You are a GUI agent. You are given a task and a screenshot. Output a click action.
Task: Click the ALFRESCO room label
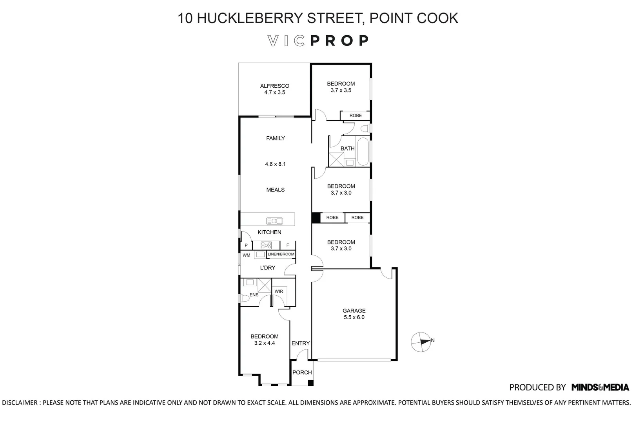(x=274, y=86)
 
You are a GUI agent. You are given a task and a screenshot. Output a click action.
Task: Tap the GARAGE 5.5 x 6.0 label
(x=354, y=314)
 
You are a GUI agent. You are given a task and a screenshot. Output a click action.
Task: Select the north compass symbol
(x=421, y=342)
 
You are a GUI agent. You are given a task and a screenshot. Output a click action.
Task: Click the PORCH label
(x=302, y=372)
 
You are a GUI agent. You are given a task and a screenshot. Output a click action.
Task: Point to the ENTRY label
(x=301, y=343)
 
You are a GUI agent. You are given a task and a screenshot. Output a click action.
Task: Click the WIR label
(x=279, y=291)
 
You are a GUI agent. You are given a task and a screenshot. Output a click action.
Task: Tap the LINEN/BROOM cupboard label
(x=281, y=255)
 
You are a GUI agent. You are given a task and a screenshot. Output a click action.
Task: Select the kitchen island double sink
(x=274, y=221)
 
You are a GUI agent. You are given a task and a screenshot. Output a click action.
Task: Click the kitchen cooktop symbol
(x=266, y=246)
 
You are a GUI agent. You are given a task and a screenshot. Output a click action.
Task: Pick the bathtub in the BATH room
(x=363, y=152)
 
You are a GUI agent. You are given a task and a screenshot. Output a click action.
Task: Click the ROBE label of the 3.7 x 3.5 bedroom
(x=356, y=116)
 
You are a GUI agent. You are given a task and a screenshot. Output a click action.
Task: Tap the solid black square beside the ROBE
(x=316, y=218)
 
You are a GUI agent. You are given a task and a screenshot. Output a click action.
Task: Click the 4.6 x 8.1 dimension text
(x=275, y=164)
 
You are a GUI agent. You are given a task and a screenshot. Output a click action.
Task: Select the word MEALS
(x=275, y=190)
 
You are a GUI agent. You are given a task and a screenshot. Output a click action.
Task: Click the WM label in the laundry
(x=246, y=255)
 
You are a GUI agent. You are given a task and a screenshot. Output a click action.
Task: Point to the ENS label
(x=254, y=295)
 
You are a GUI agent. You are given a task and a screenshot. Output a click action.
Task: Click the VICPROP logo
(x=318, y=41)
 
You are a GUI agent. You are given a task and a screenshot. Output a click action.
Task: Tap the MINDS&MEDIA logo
(x=600, y=387)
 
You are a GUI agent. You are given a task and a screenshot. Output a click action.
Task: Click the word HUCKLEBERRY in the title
(x=249, y=18)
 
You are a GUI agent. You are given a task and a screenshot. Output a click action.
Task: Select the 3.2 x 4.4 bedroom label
(x=265, y=340)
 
